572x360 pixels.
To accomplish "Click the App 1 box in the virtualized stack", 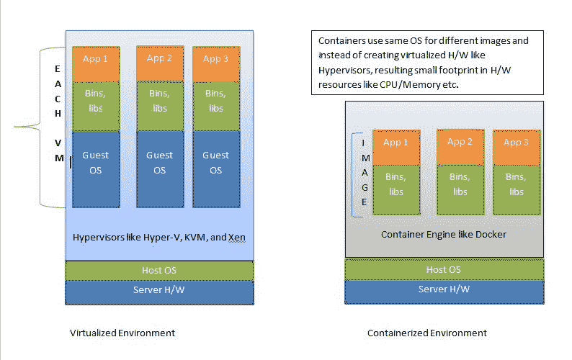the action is pos(96,64).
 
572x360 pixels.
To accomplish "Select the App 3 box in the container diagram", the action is pos(517,148).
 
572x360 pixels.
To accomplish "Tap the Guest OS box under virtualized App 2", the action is pos(160,169).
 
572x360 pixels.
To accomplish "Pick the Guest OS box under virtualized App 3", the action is pos(216,169).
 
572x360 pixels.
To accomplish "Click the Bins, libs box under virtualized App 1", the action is pos(96,106).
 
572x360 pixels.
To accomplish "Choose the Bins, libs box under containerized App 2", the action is pos(460,189).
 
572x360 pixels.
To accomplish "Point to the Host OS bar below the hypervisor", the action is pos(159,271).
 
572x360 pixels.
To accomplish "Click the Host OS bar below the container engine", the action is pos(444,269).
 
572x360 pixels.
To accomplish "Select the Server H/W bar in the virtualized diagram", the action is pos(159,292).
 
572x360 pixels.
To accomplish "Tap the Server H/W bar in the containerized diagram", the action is pos(444,292).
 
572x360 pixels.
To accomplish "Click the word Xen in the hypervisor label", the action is pos(237,238).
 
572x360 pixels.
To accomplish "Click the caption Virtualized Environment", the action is pos(122,333).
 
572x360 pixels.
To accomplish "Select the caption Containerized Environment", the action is pos(426,333).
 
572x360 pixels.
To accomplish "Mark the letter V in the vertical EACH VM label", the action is pos(58,143).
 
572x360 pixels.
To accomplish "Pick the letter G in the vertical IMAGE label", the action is pos(365,187).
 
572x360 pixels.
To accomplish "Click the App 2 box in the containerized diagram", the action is pos(460,147).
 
